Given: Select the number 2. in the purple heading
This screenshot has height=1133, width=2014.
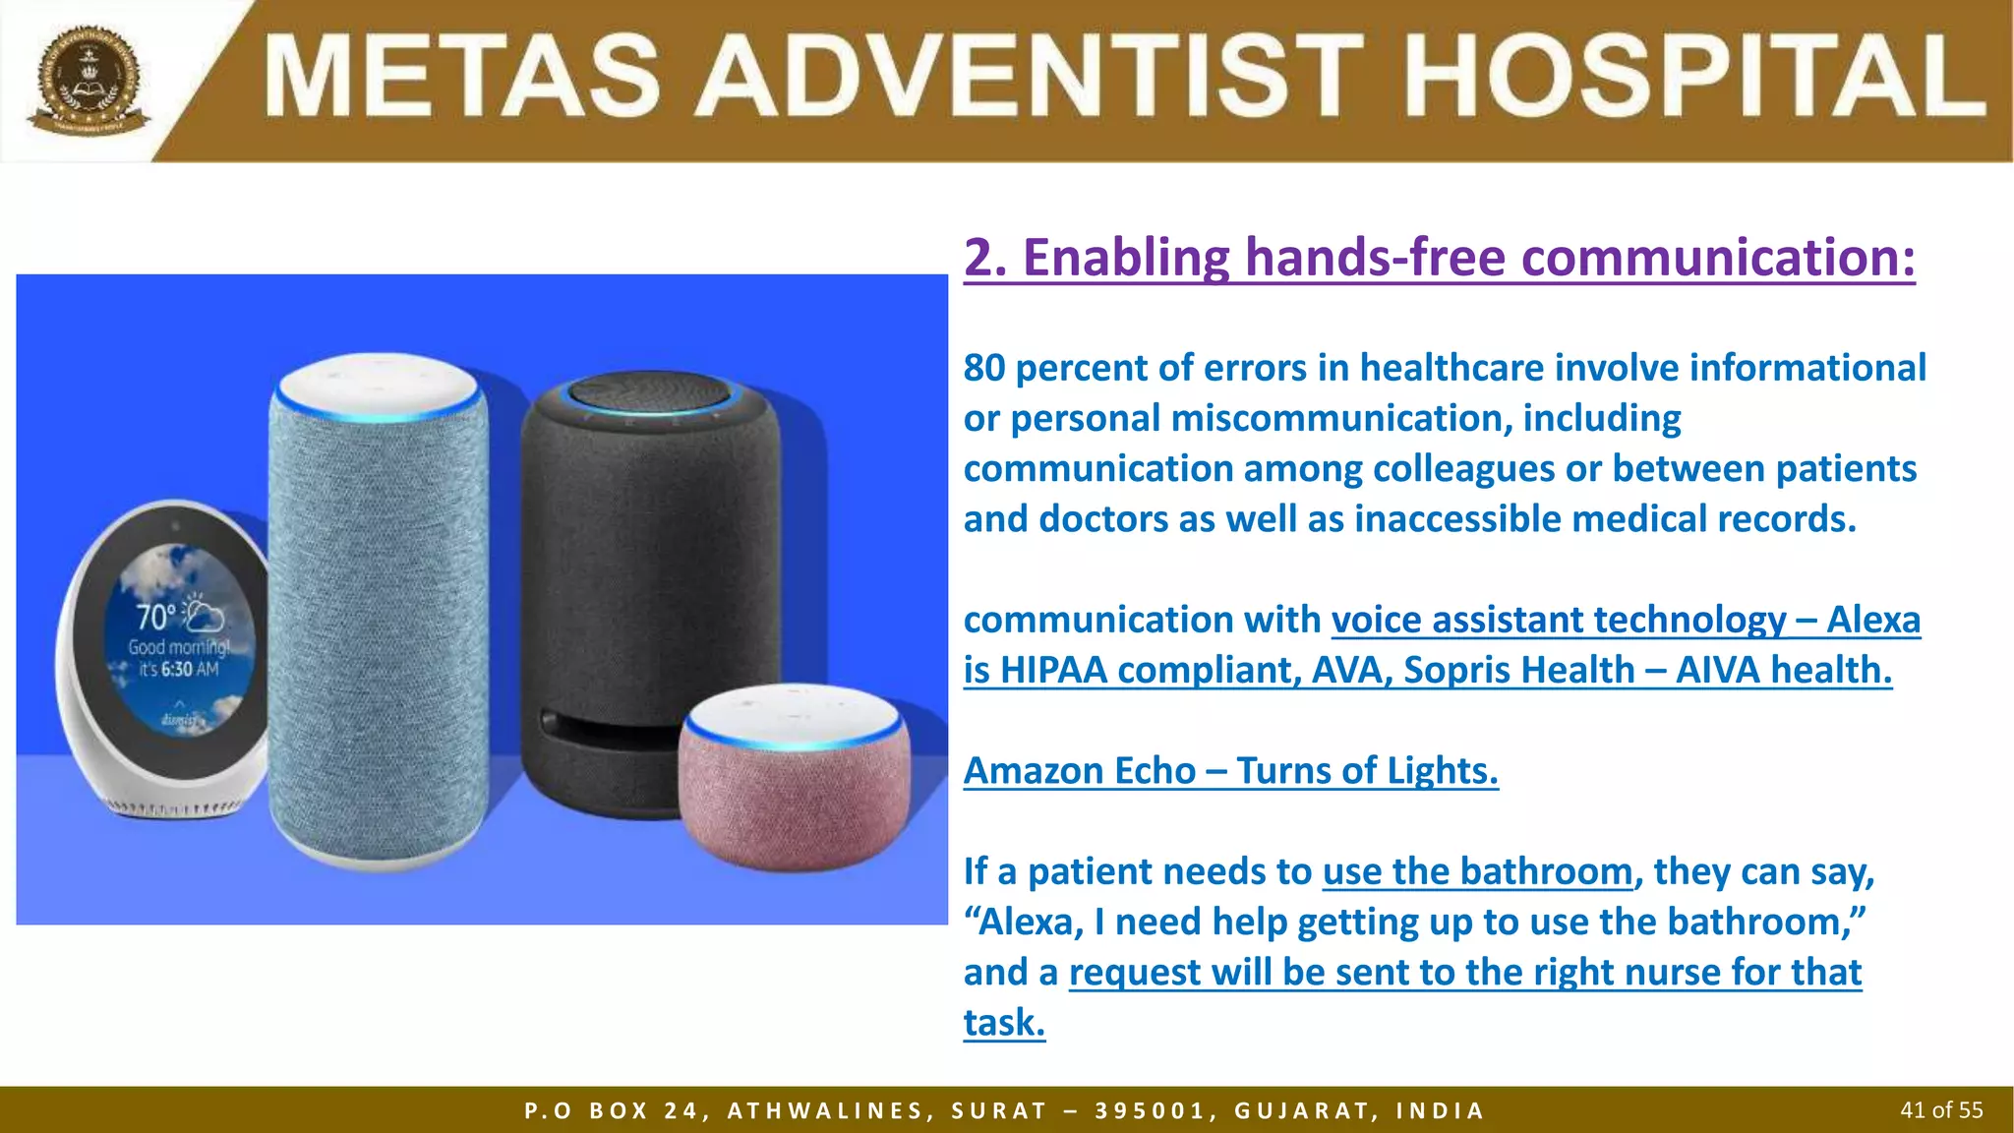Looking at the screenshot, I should coord(986,258).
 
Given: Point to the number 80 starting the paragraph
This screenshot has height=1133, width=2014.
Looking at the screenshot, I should coord(983,368).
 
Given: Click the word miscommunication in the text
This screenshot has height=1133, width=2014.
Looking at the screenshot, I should coord(1342,418).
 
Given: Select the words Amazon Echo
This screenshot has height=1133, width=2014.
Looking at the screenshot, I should coord(1079,770).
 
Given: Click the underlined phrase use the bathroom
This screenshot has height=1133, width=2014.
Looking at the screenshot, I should coord(1477,871).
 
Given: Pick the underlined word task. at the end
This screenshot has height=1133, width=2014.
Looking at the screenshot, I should coord(1003,1023).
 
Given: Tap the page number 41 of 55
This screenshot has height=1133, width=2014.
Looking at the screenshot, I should coord(1941,1110).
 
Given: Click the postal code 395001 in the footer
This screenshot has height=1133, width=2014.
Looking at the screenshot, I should coord(1150,1111).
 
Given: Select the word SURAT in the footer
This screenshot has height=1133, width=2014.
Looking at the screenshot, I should coord(998,1111).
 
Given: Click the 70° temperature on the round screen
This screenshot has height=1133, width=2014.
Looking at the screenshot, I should coord(156,618).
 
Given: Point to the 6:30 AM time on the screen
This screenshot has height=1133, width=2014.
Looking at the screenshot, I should coord(191,670).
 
